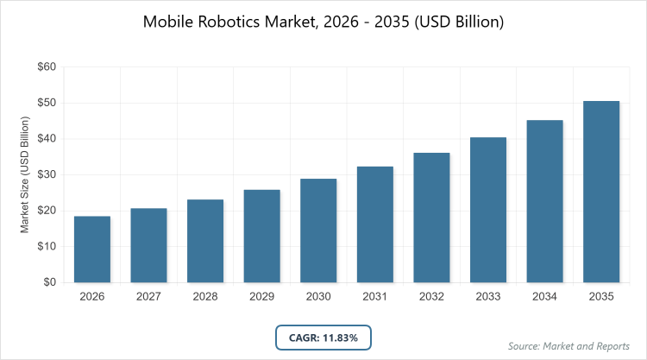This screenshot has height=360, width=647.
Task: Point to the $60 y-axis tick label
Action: point(47,66)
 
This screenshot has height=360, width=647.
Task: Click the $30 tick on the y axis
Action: point(47,174)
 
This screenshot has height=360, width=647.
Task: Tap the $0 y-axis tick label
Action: point(50,282)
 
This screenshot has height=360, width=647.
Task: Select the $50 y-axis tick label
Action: point(47,103)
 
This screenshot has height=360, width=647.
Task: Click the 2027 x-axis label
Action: point(149,297)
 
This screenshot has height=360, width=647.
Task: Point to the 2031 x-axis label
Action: point(375,297)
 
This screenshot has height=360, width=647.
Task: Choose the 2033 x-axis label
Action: point(488,297)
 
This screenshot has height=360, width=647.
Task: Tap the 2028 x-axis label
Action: point(205,297)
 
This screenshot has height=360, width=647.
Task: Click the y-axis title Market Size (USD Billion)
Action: point(25,174)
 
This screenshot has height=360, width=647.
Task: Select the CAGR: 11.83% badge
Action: point(323,338)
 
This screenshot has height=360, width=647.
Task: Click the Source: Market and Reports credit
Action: point(568,346)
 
